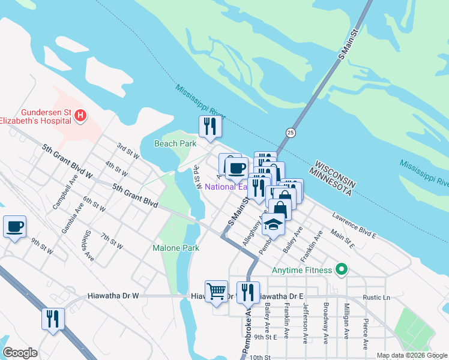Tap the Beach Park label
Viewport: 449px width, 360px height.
(175, 143)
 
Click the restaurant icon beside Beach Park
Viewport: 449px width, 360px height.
(210, 127)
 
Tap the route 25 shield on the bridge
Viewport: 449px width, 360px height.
(291, 133)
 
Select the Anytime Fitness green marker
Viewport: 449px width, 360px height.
(342, 269)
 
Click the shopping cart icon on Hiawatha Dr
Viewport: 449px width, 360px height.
(216, 292)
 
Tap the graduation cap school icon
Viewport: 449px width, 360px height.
(274, 225)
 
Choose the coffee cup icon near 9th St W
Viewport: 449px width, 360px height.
(14, 227)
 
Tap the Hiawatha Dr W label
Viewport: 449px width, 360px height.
(113, 296)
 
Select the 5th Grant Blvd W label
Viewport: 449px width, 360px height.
(67, 162)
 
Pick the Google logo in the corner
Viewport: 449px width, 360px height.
(20, 353)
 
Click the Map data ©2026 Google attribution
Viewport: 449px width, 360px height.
(411, 355)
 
